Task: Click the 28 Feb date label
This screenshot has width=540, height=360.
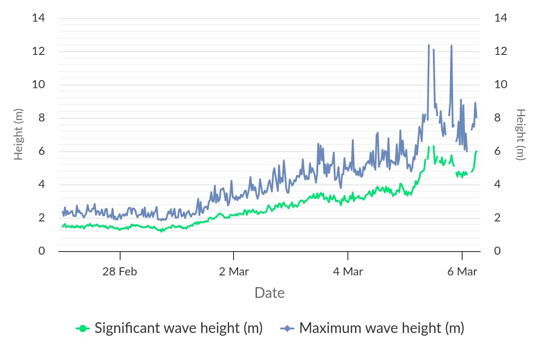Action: pyautogui.click(x=120, y=271)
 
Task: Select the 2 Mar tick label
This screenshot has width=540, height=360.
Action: pyautogui.click(x=234, y=271)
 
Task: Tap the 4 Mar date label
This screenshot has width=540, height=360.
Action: pyautogui.click(x=347, y=271)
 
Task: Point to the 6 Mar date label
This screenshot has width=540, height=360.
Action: pyautogui.click(x=462, y=271)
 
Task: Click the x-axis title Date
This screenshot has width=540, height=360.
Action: pyautogui.click(x=269, y=293)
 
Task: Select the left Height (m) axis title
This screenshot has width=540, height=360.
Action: pyautogui.click(x=18, y=134)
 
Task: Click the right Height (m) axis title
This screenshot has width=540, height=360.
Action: pyautogui.click(x=521, y=134)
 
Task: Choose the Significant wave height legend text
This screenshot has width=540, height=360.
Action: pyautogui.click(x=178, y=328)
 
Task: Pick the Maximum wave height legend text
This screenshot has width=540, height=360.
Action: pyautogui.click(x=381, y=328)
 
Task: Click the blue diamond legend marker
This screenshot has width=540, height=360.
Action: pyautogui.click(x=287, y=328)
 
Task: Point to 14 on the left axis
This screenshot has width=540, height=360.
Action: pyautogui.click(x=39, y=18)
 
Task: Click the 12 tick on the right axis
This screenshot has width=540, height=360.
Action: pyautogui.click(x=500, y=51)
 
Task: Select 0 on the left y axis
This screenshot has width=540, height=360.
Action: pyautogui.click(x=42, y=251)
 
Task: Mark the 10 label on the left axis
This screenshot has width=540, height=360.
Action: pyautogui.click(x=39, y=85)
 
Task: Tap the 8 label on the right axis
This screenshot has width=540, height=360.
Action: pyautogui.click(x=497, y=118)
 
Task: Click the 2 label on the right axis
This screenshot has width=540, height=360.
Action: pyautogui.click(x=497, y=218)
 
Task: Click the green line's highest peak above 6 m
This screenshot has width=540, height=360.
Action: pyautogui.click(x=433, y=146)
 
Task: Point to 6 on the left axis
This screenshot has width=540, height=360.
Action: pyautogui.click(x=42, y=151)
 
